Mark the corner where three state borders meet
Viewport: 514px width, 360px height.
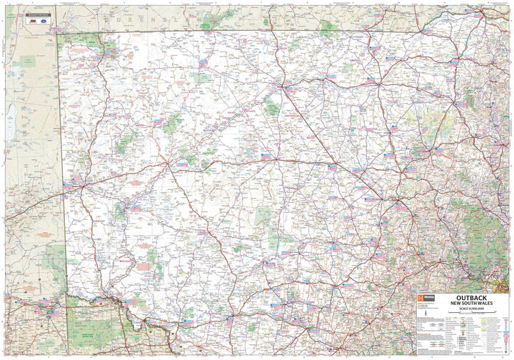click(59, 32)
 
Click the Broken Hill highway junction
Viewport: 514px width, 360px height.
click(80, 187)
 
